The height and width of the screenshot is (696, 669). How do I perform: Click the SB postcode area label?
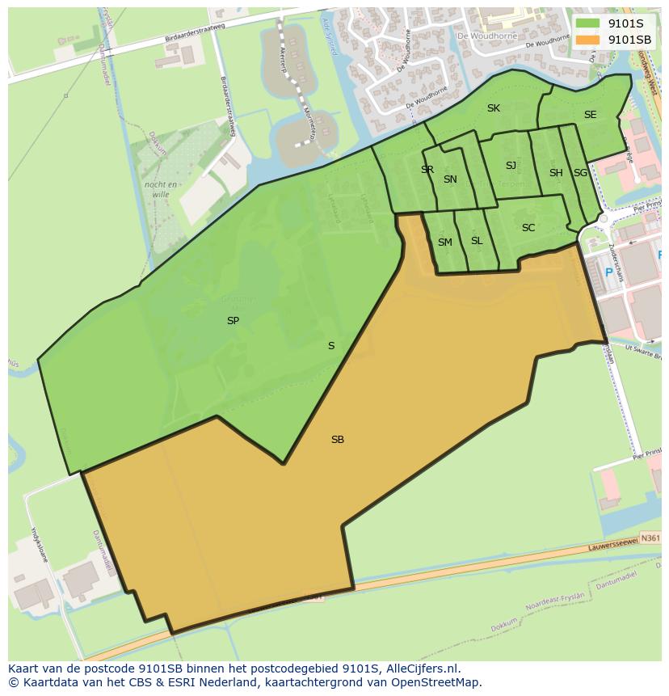point(338,440)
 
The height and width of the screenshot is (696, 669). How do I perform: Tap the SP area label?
point(233,321)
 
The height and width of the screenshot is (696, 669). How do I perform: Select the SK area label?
point(494,108)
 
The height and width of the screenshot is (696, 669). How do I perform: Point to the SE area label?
point(590,115)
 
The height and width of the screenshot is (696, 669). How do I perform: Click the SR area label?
point(427,170)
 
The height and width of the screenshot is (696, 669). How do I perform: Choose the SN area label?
point(450,179)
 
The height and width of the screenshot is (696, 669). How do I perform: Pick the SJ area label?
point(511,166)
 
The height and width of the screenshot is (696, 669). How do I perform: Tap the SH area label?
point(556,173)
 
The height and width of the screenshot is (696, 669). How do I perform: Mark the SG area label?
point(580,173)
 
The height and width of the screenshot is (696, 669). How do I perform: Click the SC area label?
point(528,228)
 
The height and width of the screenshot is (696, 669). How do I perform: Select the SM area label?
point(445,243)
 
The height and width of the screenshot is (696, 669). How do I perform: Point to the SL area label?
point(477,241)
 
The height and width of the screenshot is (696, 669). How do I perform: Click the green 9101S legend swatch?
point(588,23)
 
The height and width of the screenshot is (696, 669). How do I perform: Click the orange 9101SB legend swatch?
point(588,39)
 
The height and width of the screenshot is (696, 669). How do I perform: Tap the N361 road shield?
point(650,537)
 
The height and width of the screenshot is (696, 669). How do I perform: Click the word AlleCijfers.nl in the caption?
point(420,669)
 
